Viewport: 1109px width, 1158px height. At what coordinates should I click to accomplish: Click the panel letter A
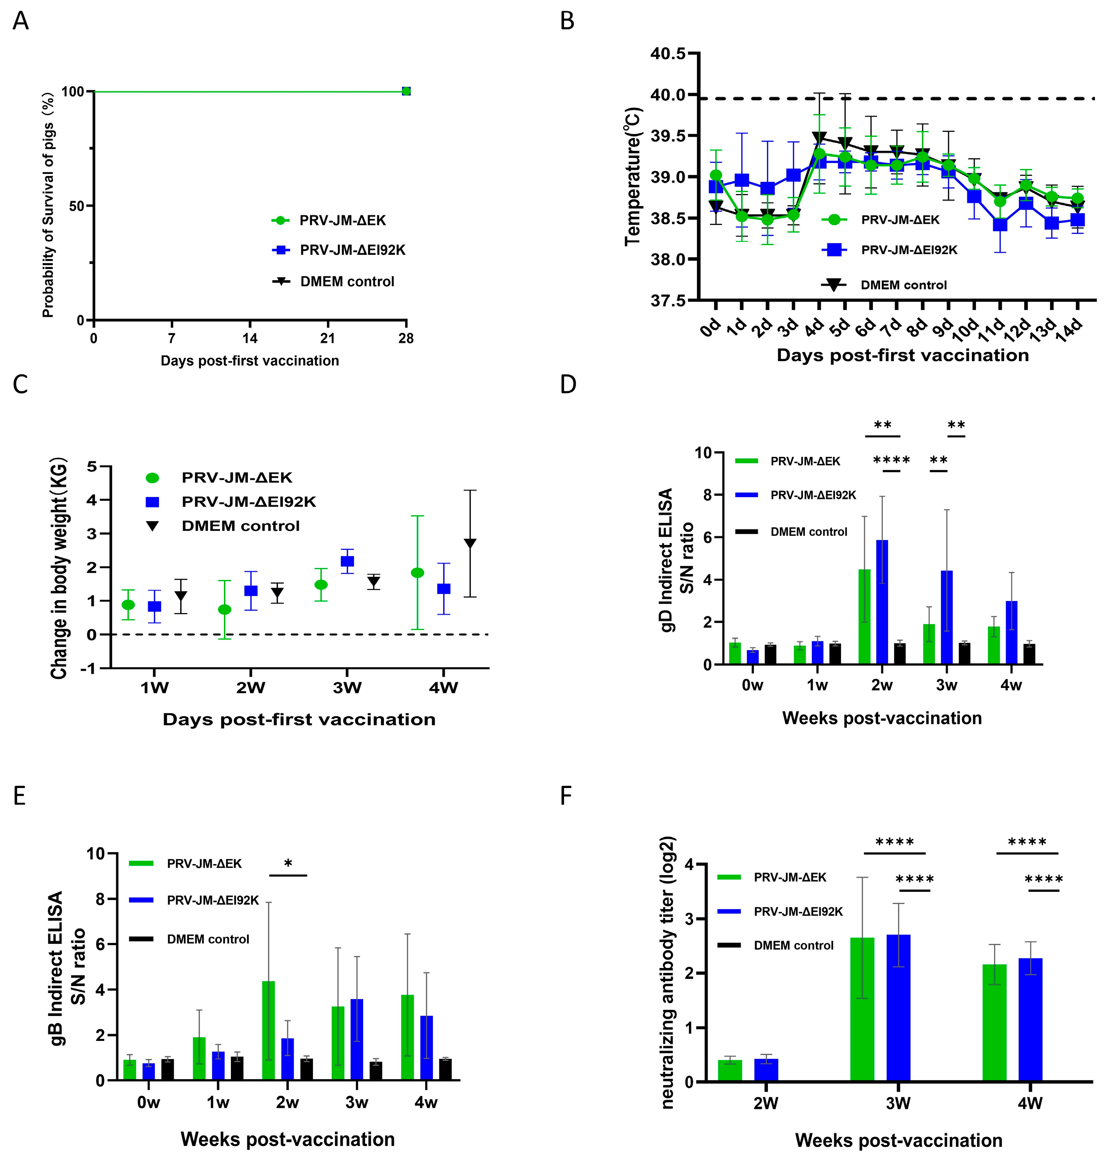point(20,22)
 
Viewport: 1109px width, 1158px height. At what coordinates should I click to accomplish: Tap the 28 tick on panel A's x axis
point(406,339)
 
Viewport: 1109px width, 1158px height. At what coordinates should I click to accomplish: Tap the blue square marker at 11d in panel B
point(1000,225)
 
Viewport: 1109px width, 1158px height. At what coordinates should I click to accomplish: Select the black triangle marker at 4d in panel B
point(819,138)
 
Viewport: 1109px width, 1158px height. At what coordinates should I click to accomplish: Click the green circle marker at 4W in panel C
point(418,572)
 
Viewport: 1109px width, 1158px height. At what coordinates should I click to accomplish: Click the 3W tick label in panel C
point(347,688)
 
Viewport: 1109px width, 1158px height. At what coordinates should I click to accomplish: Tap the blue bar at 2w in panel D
point(882,602)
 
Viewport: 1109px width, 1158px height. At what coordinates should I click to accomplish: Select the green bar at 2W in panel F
point(730,1071)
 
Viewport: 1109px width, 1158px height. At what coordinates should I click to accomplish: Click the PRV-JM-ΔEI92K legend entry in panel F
point(797,912)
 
